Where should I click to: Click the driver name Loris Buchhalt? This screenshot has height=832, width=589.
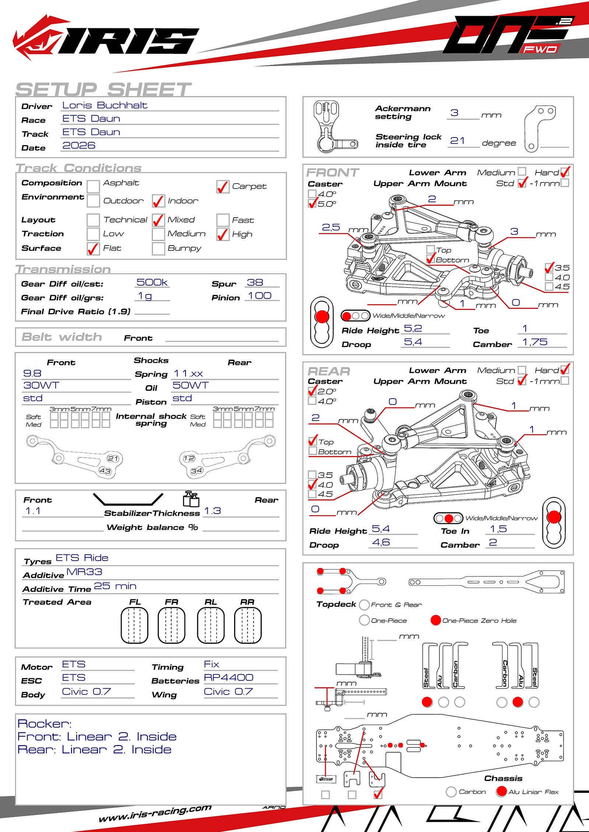tap(105, 106)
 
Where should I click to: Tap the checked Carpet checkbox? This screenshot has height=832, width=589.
tap(222, 187)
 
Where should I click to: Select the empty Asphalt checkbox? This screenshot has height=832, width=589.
tap(93, 186)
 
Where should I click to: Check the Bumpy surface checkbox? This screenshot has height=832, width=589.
tap(158, 249)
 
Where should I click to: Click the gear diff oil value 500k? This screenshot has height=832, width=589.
tap(152, 282)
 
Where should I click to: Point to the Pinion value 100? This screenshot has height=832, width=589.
tap(260, 296)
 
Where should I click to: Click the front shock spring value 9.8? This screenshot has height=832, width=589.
tap(32, 374)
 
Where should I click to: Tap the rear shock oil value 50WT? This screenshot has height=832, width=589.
tap(190, 385)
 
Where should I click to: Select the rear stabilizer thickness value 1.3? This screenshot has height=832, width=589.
tap(212, 511)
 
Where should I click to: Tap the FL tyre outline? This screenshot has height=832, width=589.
tap(134, 625)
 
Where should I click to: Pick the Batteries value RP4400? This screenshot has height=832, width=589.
tap(228, 678)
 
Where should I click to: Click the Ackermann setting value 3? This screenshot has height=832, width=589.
tap(454, 113)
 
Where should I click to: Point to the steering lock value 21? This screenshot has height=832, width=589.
tap(457, 141)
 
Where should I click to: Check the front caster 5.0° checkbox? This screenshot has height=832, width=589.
tap(312, 203)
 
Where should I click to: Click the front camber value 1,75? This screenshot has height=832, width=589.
tap(535, 342)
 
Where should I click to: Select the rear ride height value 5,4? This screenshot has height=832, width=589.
tap(380, 529)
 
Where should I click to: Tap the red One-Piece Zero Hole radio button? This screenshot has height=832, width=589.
tap(435, 620)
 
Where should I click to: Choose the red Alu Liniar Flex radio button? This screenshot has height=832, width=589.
tap(501, 792)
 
